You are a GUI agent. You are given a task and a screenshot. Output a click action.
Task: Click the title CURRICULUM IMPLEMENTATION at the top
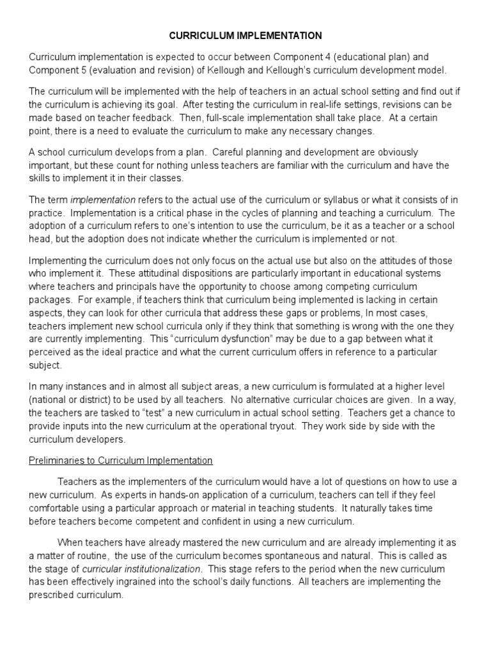245,36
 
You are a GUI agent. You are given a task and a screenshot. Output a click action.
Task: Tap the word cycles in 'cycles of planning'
273,213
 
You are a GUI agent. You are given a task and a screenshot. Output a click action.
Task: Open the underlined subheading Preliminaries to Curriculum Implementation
120,461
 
